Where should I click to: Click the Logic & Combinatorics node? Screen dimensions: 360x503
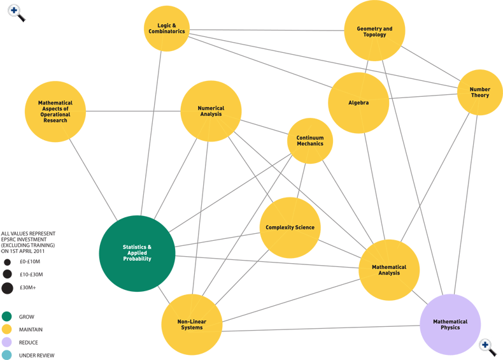point(167,29)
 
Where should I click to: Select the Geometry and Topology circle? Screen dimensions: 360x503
point(374,31)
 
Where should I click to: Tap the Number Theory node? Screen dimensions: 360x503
point(479,92)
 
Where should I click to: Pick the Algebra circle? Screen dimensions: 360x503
point(358,103)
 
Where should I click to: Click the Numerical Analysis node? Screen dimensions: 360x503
point(211,111)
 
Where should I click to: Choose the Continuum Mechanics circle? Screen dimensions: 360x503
point(310,141)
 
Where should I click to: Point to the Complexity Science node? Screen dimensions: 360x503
point(290,227)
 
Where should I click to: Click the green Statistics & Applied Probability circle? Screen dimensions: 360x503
point(137,254)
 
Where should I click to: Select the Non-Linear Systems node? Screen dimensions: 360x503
point(192,324)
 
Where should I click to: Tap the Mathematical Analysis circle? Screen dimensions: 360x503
point(389,270)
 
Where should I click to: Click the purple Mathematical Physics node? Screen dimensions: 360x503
point(450,324)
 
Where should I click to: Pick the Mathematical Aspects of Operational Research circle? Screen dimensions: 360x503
point(55,112)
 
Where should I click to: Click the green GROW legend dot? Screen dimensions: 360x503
point(7,317)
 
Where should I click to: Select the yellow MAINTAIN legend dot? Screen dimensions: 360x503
point(7,329)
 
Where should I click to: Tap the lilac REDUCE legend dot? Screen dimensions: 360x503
point(7,342)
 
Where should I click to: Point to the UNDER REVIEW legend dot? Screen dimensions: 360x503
point(7,355)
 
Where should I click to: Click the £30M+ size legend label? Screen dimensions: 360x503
point(28,288)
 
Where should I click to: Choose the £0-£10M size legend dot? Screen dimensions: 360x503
point(7,262)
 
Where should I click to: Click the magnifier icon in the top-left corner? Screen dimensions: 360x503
point(17,13)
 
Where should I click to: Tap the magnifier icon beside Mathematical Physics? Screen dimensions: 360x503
point(488,347)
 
